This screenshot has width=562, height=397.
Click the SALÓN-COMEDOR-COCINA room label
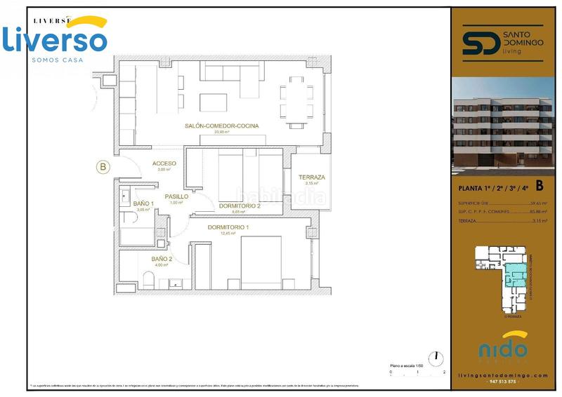(221, 126)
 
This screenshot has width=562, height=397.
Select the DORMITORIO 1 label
(228, 227)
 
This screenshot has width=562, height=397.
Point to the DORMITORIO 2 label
(240, 206)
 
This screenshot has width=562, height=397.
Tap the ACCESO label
(164, 163)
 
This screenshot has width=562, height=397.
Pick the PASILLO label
(176, 196)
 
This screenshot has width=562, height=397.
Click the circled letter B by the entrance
(103, 167)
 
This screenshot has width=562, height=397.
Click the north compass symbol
(436, 356)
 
